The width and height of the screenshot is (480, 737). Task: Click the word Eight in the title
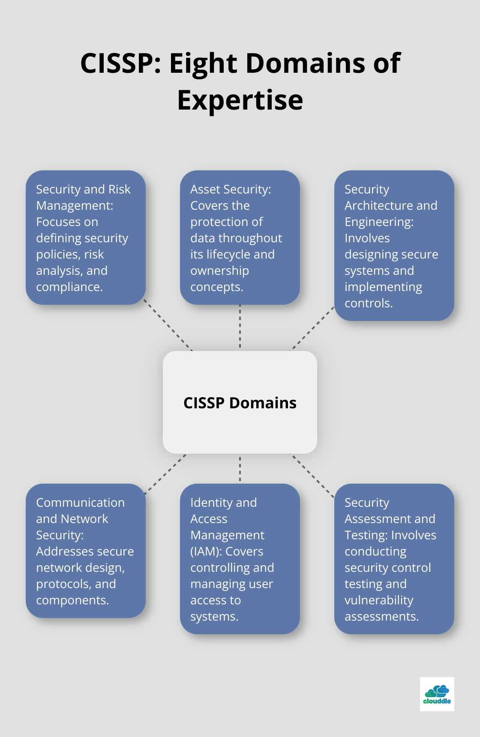(203, 63)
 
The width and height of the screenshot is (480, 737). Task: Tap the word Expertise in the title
(240, 100)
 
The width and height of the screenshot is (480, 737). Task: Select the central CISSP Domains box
(240, 402)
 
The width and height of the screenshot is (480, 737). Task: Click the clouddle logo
(437, 694)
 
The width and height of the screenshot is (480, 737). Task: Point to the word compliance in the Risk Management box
(69, 287)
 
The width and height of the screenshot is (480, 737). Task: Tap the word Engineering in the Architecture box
(379, 222)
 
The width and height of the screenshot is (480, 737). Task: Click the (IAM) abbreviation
(206, 552)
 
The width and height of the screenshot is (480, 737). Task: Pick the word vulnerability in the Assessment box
(379, 600)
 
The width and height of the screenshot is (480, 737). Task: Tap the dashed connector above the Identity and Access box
(240, 469)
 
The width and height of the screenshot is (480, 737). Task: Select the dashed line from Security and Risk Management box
(168, 325)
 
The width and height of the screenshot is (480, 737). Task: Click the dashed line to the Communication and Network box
(166, 474)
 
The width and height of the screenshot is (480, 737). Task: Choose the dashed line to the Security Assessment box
(312, 475)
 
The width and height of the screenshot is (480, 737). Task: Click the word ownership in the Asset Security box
(219, 271)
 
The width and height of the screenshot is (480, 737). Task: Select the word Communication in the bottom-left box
(80, 503)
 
